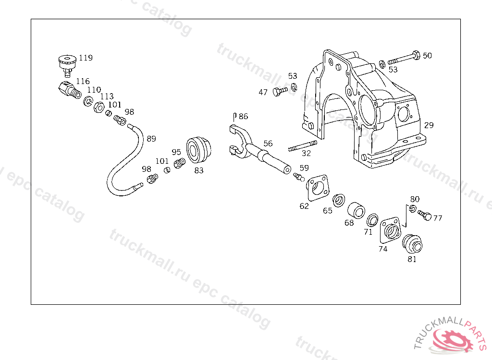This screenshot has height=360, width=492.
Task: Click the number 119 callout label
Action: [x=86, y=58]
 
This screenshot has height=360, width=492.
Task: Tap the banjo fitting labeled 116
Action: [x=68, y=90]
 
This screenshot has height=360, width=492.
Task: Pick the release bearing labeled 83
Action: [x=198, y=149]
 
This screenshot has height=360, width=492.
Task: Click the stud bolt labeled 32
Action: [x=302, y=145]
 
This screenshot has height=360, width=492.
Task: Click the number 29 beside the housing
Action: [x=429, y=125]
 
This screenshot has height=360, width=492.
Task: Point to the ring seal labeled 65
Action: [x=339, y=199]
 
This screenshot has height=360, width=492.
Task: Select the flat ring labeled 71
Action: [x=372, y=221]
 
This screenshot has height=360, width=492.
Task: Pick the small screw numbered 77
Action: [x=424, y=215]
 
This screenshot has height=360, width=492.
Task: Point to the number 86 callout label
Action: [x=243, y=117]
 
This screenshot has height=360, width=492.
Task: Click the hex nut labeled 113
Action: [x=97, y=107]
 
